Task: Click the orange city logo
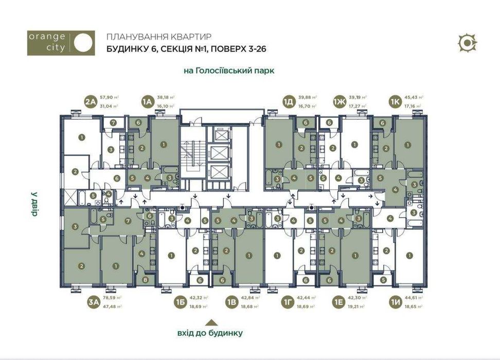click(x=61, y=43)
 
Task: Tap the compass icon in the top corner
click(x=468, y=43)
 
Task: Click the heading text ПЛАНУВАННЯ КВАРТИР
click(x=158, y=37)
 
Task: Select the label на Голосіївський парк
click(x=229, y=71)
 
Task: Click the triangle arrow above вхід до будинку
click(x=210, y=322)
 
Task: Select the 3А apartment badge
click(x=93, y=302)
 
